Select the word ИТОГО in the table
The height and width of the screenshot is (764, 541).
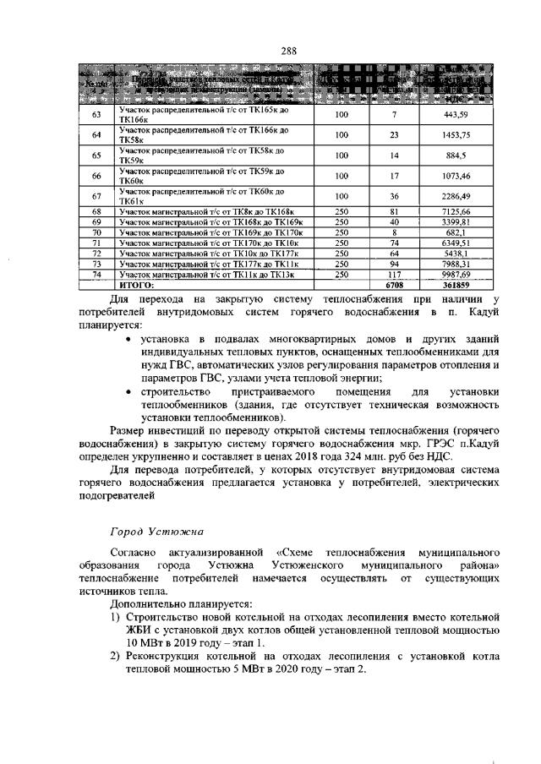pyautogui.click(x=137, y=286)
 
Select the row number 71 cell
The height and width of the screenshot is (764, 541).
pyautogui.click(x=96, y=243)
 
